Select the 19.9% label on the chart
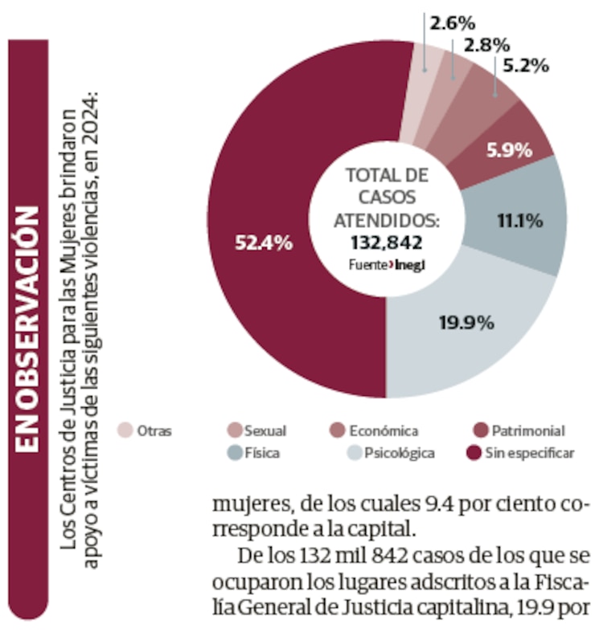(x=466, y=324)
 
